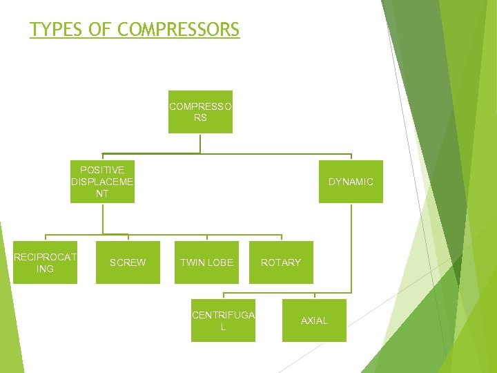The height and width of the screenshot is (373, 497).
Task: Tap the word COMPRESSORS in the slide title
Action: tap(179, 30)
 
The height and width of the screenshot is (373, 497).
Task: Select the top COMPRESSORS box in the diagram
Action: tap(200, 112)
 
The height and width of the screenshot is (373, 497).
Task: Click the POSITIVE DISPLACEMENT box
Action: tap(102, 182)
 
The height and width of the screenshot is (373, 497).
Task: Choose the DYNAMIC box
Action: tap(351, 182)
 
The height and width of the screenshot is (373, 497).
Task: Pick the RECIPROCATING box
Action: tap(45, 262)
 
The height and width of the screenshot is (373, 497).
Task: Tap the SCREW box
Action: tap(128, 262)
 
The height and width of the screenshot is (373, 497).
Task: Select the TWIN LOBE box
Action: tap(206, 262)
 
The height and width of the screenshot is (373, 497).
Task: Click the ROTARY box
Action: tap(281, 262)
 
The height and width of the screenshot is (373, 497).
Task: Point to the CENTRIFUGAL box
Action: tap(223, 321)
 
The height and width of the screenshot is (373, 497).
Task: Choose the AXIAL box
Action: tap(314, 321)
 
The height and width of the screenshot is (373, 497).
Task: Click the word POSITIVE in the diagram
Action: tap(102, 170)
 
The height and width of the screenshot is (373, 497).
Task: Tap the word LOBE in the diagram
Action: tap(220, 262)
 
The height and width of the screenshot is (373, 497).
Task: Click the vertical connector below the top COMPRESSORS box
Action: tap(200, 143)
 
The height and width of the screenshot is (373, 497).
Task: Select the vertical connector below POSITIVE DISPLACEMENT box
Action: tap(102, 218)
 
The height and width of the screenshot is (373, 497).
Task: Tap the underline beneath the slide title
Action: tap(135, 39)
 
